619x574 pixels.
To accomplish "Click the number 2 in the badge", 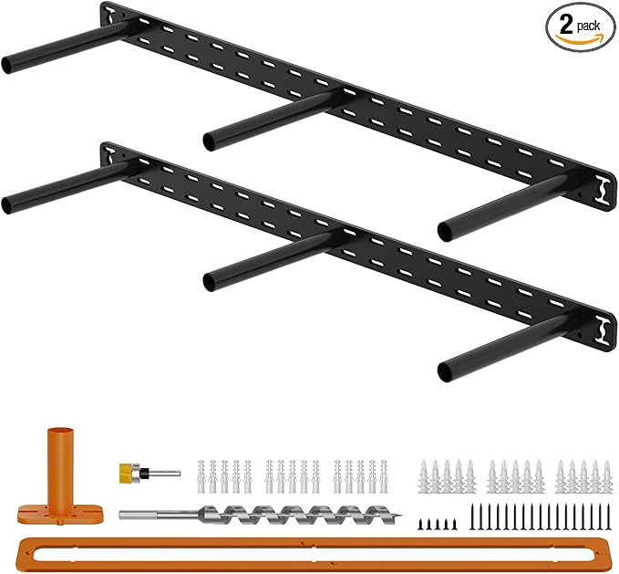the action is coord(566,26).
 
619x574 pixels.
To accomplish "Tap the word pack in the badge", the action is coord(588,26).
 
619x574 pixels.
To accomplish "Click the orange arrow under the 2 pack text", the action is coord(579,38).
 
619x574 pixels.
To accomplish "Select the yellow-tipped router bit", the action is coord(150,472).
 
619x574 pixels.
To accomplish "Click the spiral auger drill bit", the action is coord(261,515).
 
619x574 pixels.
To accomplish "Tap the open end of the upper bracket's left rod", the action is coord(7,66).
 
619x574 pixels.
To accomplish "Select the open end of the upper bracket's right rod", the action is coord(445,233).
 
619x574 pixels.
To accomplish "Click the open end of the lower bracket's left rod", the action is coord(7,206).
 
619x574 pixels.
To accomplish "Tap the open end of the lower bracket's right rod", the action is coord(445,373).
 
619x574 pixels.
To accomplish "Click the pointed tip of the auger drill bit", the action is coord(401,515).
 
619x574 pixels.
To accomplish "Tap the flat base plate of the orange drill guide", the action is coord(60,515).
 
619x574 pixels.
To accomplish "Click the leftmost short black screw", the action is coord(421,524).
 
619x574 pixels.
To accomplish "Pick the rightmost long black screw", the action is coord(609,517).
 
